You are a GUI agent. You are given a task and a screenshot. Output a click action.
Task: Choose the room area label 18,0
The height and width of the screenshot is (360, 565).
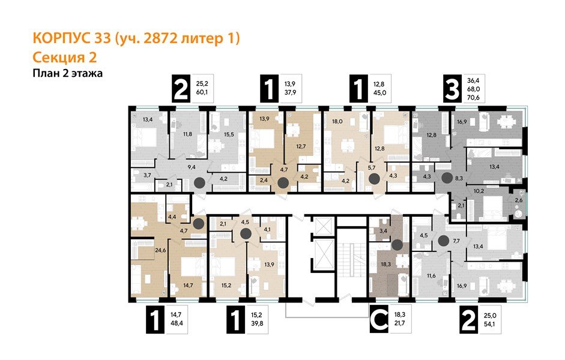(x=337, y=121)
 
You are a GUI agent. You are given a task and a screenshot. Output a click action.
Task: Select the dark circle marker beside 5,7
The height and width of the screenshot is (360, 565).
(x=373, y=179)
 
